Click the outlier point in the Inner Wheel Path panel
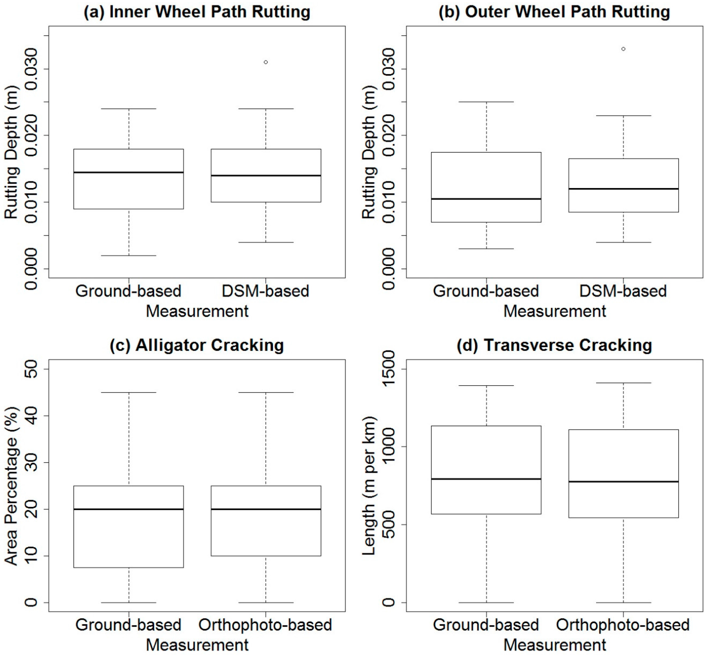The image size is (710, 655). tap(266, 62)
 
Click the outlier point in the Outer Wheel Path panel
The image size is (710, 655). tap(623, 49)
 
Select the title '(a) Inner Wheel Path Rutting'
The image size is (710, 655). tap(197, 12)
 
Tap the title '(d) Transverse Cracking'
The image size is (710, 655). tap(554, 345)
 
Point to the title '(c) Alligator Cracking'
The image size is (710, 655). tap(197, 345)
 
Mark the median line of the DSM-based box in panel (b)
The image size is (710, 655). tap(624, 189)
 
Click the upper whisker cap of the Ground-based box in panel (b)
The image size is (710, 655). tap(486, 102)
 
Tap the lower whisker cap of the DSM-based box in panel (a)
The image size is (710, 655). tap(266, 242)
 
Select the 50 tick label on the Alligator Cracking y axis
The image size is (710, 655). tap(32, 369)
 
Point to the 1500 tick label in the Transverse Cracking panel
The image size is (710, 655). tap(389, 369)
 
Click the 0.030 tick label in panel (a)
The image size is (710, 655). tap(32, 69)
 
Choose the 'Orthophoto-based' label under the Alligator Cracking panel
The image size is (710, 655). tap(265, 625)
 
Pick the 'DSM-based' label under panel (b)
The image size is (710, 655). tap(623, 291)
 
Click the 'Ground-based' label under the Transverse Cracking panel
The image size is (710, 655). tap(486, 625)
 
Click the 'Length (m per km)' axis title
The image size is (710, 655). tap(369, 486)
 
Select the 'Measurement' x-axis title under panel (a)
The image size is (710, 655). tap(197, 311)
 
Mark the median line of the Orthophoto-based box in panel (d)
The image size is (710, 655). tap(624, 482)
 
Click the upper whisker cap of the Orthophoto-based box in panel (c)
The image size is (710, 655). tap(266, 393)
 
